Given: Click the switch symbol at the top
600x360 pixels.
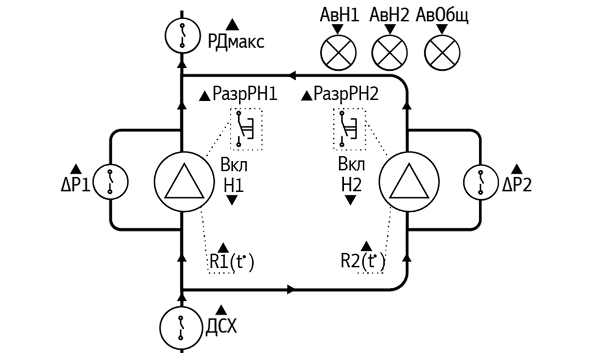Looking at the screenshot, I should (x=183, y=35).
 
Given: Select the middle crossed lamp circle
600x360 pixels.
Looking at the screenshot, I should (x=389, y=52).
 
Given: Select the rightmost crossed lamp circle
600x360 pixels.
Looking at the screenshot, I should (x=441, y=52).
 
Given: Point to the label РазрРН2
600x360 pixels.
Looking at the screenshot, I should (x=347, y=95).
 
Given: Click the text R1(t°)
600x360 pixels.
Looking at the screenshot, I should (x=230, y=262).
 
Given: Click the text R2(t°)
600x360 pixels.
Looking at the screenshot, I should (x=362, y=262).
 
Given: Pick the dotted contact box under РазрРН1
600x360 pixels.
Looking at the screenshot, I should (x=246, y=128).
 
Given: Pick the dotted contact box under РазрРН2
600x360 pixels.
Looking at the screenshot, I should (x=348, y=128).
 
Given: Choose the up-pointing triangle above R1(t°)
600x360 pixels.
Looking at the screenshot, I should (x=224, y=247).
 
